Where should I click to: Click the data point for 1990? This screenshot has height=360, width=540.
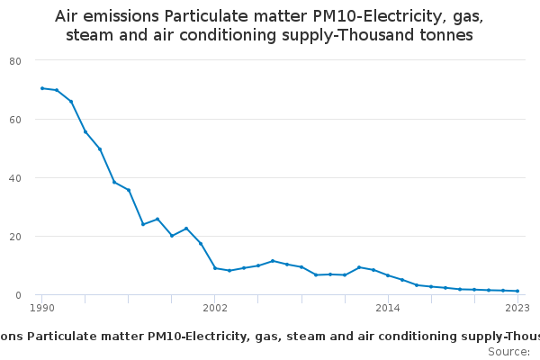click(x=41, y=88)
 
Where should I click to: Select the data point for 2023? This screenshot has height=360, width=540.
click(x=517, y=291)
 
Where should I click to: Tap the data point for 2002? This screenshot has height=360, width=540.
click(x=215, y=268)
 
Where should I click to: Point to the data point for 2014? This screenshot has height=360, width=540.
click(x=388, y=275)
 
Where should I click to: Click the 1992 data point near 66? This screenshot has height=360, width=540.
click(x=71, y=101)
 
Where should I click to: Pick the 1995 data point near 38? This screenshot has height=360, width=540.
click(x=114, y=182)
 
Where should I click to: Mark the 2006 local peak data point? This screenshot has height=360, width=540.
click(x=273, y=261)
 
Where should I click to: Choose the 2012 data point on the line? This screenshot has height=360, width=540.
click(x=359, y=267)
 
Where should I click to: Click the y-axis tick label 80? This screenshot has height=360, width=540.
click(x=15, y=60)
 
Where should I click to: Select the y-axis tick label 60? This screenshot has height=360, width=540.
click(x=15, y=119)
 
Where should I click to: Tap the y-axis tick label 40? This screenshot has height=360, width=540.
click(x=15, y=177)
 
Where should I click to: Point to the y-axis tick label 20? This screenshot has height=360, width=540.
click(x=15, y=236)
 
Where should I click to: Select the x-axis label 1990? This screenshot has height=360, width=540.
click(x=41, y=308)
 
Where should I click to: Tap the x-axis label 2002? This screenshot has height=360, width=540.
click(x=215, y=308)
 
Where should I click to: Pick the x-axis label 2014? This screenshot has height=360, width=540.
click(x=388, y=308)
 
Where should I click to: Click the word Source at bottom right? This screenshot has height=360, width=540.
click(x=507, y=351)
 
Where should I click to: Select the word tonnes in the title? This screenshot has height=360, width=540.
click(x=441, y=36)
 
